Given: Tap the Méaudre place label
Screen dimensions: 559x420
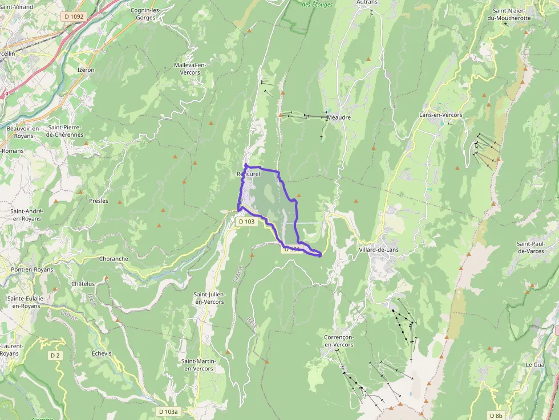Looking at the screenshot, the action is click(339, 117).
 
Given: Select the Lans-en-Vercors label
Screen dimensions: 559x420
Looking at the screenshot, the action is click(440, 115).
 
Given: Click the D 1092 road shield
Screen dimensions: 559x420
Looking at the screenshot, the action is click(74, 17).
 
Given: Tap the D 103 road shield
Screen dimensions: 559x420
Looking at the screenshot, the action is click(246, 221).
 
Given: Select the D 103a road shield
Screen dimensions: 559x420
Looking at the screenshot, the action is click(168, 411).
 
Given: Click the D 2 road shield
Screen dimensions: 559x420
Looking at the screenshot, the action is click(55, 356).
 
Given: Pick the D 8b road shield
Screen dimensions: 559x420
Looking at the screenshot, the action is click(496, 415).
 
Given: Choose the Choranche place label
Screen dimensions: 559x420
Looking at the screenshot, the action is click(114, 259).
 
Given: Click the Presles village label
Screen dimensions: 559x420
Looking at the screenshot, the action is click(99, 201).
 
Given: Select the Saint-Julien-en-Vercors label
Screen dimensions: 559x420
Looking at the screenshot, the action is click(209, 297).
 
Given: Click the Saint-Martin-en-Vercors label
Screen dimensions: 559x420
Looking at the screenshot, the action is click(197, 365).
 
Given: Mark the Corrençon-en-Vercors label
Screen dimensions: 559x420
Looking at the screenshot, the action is click(339, 341).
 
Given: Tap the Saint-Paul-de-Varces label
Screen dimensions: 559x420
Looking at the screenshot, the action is click(531, 247).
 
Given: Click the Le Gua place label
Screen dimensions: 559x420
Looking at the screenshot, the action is click(536, 364).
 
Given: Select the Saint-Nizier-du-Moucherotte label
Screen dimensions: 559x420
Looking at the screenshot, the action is click(512, 14).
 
